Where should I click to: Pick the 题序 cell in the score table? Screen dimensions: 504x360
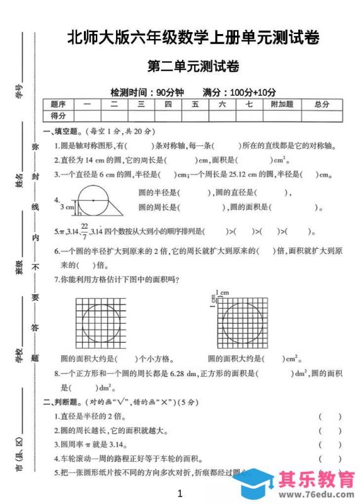(x=59, y=105)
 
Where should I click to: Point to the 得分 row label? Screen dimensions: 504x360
(x=59, y=116)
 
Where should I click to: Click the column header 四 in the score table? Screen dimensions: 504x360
(x=168, y=105)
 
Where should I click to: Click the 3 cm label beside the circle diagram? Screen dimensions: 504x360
(x=66, y=206)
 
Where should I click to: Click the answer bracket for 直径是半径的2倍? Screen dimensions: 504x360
(x=330, y=416)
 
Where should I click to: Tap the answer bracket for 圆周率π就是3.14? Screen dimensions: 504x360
(x=330, y=445)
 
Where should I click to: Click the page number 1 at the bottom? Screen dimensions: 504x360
(x=180, y=493)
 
